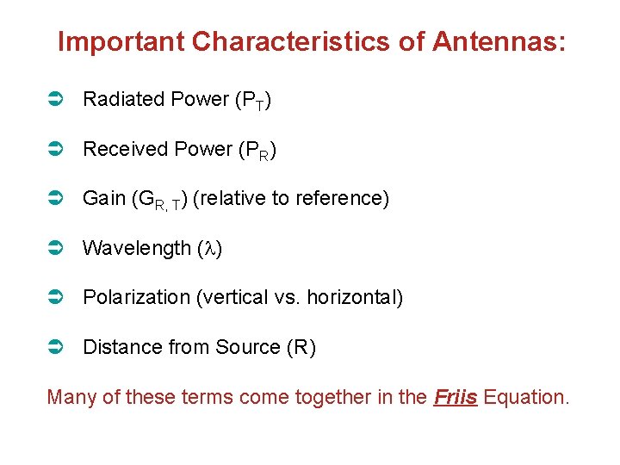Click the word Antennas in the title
499,41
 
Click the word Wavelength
137,249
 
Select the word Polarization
136,298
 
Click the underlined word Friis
456,398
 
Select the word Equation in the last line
526,398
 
